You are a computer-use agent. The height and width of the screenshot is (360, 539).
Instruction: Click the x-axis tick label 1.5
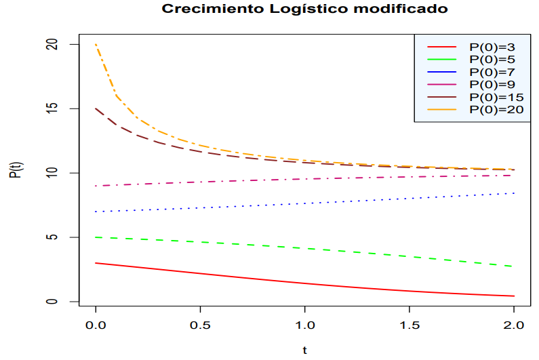pos(410,326)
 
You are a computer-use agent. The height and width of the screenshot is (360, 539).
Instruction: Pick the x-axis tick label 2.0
pos(514,326)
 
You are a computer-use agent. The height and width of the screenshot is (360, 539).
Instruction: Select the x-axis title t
pos(305,351)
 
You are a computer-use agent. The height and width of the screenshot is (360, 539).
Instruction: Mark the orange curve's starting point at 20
pos(96,45)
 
